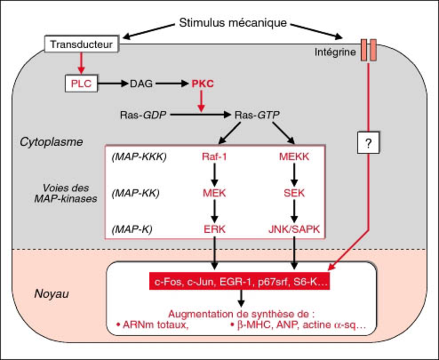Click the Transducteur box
(81, 44)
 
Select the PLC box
(81, 83)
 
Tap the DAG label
(141, 83)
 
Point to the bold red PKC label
(202, 83)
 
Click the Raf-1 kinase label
(215, 157)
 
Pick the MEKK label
(294, 157)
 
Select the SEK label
(294, 193)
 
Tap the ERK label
(215, 229)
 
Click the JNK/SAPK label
(294, 229)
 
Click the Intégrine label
(335, 53)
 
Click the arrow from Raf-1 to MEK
(215, 175)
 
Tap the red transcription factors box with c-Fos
(240, 282)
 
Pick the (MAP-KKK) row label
(139, 157)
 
